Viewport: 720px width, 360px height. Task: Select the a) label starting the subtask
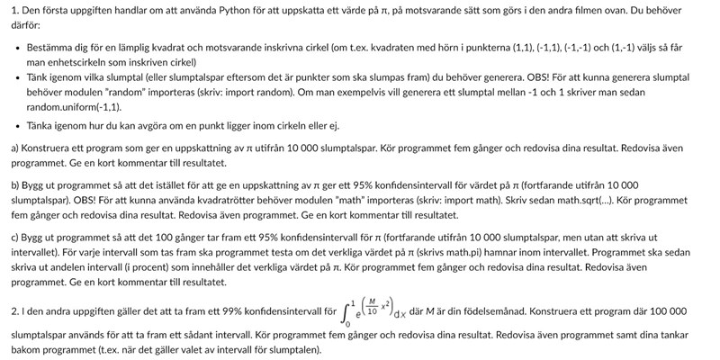[16, 148]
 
